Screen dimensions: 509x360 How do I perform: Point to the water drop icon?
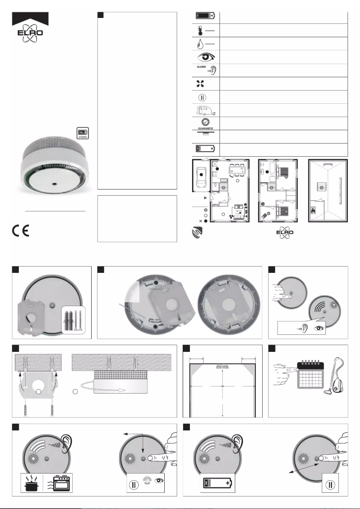pyautogui.click(x=199, y=44)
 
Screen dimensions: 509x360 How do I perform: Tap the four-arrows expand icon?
pyautogui.click(x=199, y=83)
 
